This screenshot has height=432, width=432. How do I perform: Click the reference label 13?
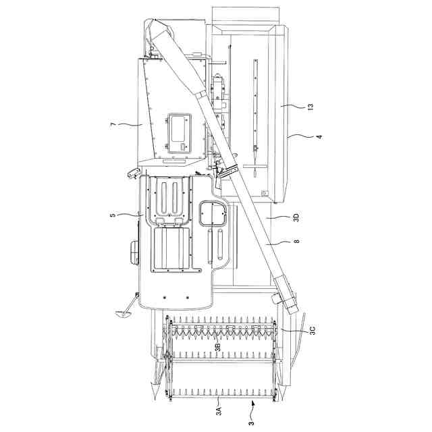coord(310,107)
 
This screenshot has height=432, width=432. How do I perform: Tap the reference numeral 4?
coord(319,136)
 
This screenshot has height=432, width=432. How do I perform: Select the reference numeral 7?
coord(113,124)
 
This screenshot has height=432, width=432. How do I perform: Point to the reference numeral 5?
coord(113,214)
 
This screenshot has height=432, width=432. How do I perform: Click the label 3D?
coord(296,217)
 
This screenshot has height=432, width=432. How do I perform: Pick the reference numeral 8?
coord(296,242)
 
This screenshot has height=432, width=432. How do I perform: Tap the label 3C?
coord(312,330)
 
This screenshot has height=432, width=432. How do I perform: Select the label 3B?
coord(217,346)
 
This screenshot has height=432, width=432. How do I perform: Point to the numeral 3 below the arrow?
coord(251,423)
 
